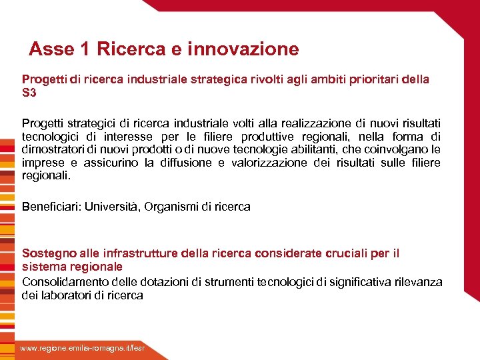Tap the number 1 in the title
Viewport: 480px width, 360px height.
tap(85, 49)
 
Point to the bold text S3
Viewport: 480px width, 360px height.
tap(29, 93)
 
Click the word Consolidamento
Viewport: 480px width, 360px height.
tap(64, 282)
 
